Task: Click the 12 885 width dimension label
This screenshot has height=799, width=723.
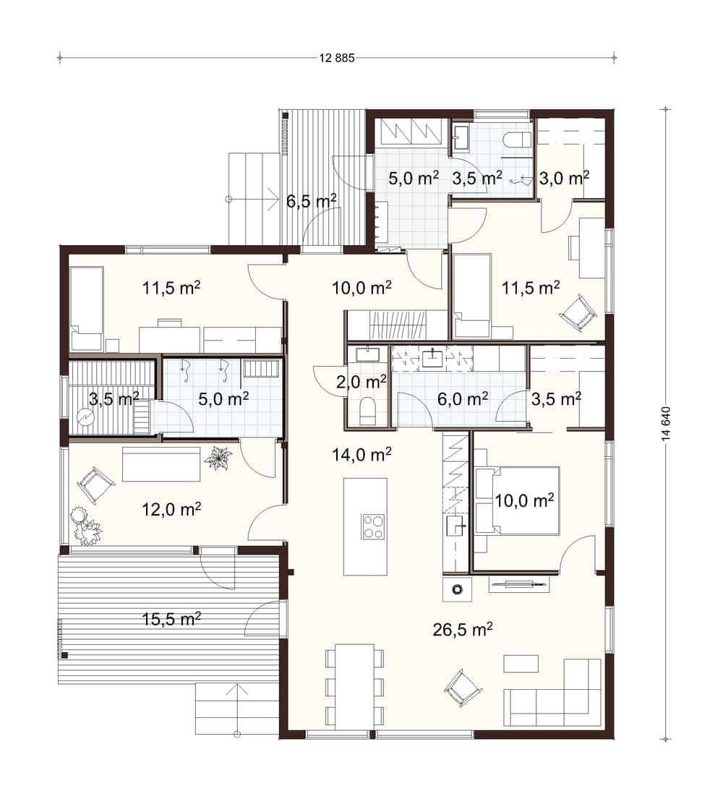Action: click(x=337, y=58)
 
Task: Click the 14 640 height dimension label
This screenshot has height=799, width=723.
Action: click(x=667, y=424)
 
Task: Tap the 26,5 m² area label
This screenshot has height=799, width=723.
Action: click(x=463, y=630)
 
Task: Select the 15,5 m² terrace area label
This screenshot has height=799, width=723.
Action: click(x=171, y=619)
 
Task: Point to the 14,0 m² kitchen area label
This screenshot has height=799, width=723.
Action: click(x=361, y=454)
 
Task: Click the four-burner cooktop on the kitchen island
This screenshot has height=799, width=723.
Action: click(x=374, y=527)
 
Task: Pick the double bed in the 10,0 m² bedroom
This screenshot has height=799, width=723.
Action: click(x=518, y=500)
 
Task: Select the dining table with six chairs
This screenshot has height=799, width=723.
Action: click(x=354, y=686)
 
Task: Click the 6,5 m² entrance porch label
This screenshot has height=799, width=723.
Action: click(x=312, y=201)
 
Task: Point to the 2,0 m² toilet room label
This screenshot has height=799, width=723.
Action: click(x=361, y=383)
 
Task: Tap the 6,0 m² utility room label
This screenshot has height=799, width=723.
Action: click(x=463, y=398)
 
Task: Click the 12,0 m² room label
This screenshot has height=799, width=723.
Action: click(x=171, y=509)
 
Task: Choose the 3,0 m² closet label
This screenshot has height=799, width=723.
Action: click(x=564, y=179)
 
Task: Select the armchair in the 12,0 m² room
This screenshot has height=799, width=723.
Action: click(x=93, y=484)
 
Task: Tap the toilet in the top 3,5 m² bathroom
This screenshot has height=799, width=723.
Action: click(x=517, y=140)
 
